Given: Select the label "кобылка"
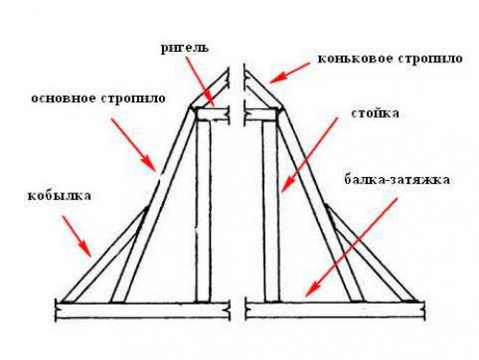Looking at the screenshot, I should (59, 195).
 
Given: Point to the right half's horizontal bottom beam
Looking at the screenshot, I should (335, 309).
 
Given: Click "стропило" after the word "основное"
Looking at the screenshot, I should (135, 98).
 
